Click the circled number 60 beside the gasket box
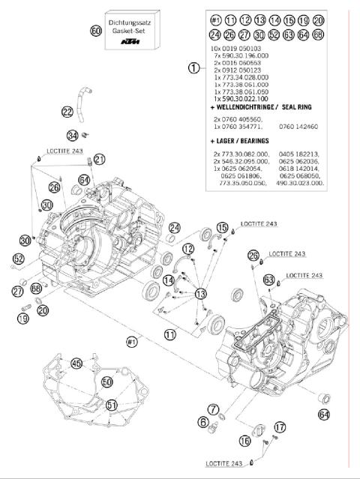point(95,31)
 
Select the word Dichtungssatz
point(129,25)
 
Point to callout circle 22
point(67,112)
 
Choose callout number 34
point(72,136)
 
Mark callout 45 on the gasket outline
point(76,363)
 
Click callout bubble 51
point(112,406)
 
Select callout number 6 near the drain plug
point(203,422)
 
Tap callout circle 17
point(280,427)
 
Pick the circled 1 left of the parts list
point(193,67)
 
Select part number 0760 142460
point(307,127)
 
